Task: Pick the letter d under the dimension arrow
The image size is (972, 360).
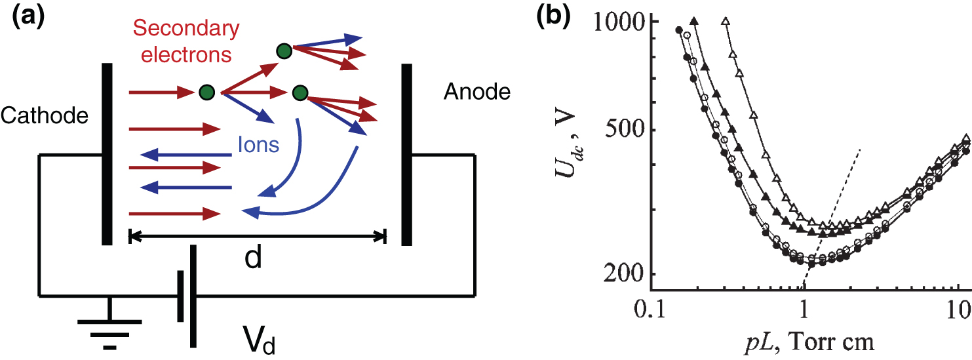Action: click(253, 258)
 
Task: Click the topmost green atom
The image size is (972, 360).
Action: click(284, 51)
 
